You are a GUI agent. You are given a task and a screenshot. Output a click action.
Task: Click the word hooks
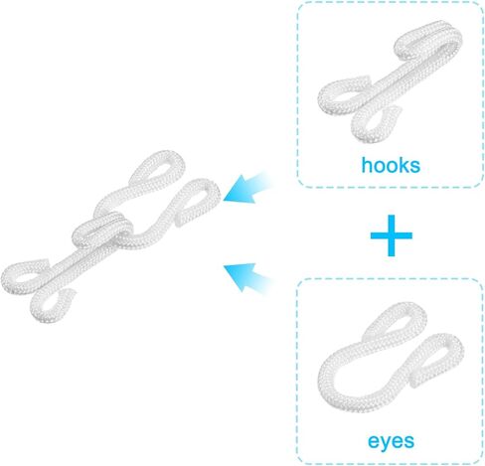391,165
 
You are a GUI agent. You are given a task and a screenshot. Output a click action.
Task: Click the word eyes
391,441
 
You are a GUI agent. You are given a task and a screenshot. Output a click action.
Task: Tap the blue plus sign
392,235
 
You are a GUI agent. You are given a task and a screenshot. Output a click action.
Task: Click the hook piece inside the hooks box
391,82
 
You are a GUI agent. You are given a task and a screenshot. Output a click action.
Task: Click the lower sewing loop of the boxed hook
366,127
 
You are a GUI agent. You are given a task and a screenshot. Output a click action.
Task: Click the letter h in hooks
366,165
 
